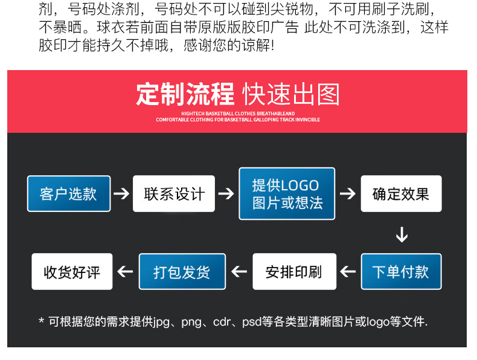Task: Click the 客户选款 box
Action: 69,193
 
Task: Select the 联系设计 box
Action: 174,193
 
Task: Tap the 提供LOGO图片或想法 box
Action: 287,193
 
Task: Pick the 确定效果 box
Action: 401,193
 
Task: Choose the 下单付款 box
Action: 401,271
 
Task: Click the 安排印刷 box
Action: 295,271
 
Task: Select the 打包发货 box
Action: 182,271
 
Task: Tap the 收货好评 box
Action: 72,271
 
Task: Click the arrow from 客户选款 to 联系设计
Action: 121,193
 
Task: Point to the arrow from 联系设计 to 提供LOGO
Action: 226,193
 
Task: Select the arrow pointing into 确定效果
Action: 348,193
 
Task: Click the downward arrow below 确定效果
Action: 402,234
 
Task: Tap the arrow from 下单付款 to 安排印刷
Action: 348,271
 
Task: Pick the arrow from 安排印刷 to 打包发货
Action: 239,271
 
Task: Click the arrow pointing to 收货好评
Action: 125,271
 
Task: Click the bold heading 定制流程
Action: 185,94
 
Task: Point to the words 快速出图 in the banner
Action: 291,94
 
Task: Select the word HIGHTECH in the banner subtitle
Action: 193,114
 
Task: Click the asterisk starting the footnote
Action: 42,321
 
